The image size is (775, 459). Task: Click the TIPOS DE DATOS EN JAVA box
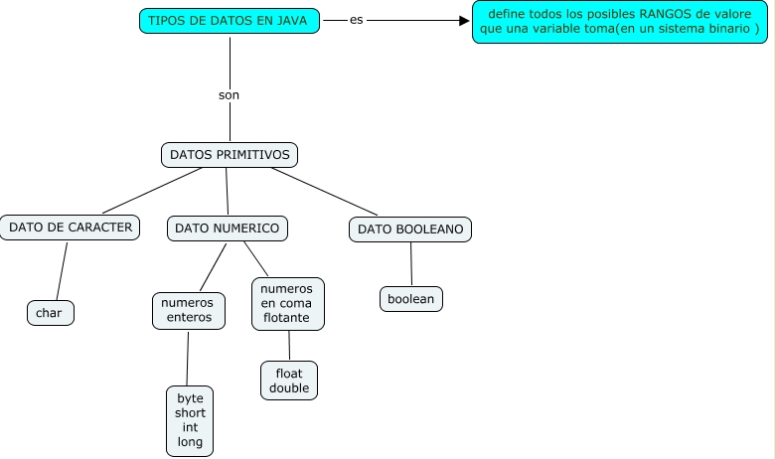tap(230, 21)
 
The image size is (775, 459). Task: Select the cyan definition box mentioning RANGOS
tap(619, 22)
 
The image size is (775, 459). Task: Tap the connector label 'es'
tap(356, 20)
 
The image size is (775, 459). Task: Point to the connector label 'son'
tap(229, 95)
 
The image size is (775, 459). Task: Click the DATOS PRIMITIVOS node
tap(230, 155)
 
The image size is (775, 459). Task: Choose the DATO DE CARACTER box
tap(70, 228)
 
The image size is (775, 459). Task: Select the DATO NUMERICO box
tap(227, 229)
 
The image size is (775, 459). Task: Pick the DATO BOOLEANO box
tap(410, 229)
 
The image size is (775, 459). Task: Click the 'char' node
tap(49, 313)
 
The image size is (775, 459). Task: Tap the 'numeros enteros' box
tap(188, 310)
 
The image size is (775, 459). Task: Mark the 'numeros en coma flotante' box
tap(286, 304)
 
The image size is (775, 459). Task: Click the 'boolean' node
tap(410, 298)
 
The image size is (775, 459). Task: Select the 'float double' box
tap(289, 381)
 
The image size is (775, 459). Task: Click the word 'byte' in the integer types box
tap(190, 397)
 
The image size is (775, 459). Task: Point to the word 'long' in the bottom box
tap(190, 441)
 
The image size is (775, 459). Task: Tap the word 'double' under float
tap(289, 388)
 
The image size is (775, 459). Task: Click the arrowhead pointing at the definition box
tap(464, 20)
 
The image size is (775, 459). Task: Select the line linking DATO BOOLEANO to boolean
tap(410, 264)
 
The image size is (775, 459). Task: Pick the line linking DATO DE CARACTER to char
tap(62, 270)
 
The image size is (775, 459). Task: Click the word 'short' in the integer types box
tap(190, 412)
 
